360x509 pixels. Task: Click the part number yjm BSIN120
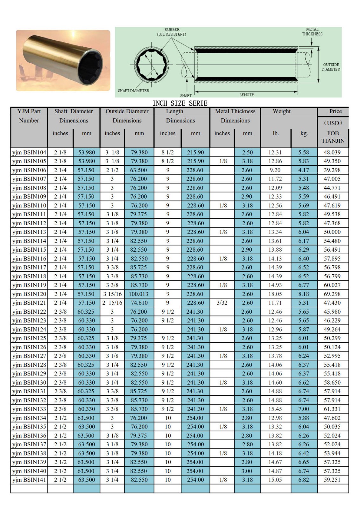(x=29, y=294)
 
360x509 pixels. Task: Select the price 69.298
(x=332, y=294)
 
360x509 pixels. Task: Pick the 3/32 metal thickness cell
(x=222, y=303)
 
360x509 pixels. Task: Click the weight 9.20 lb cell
(x=275, y=170)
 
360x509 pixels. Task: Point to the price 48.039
(x=332, y=152)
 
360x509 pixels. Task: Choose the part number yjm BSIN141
(x=29, y=480)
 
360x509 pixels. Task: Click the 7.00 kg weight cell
(x=304, y=409)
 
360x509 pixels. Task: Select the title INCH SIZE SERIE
(x=180, y=103)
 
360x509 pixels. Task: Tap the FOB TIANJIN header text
(x=333, y=137)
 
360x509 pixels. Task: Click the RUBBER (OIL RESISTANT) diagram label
(x=172, y=32)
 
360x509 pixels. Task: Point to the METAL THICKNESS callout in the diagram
(x=312, y=31)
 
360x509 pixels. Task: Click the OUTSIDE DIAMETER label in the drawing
(x=331, y=67)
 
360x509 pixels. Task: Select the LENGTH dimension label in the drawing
(x=247, y=95)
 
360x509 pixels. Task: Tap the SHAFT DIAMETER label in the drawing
(x=133, y=91)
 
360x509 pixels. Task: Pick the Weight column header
(x=281, y=111)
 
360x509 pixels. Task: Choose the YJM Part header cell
(x=29, y=111)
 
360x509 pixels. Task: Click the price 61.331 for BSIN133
(x=332, y=409)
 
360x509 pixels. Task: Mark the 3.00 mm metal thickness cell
(x=247, y=471)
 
